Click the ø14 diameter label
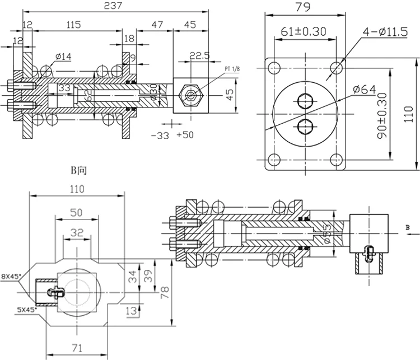[63, 56]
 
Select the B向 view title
[78, 169]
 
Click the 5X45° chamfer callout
[11, 308]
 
